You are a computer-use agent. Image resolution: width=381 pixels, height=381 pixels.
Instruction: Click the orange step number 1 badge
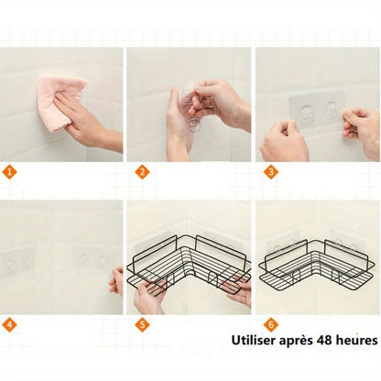[10, 171]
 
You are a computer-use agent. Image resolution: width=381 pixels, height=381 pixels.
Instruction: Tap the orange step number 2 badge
[142, 171]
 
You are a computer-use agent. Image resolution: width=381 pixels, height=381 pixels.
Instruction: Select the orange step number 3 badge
[270, 171]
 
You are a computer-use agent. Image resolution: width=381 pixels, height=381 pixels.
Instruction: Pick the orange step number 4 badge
[10, 324]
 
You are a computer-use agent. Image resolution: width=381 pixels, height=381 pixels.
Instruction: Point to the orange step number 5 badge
[142, 324]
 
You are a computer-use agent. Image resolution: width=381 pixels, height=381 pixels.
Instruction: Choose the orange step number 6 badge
[270, 324]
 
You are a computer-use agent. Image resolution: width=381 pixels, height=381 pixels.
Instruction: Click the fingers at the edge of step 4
[115, 280]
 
